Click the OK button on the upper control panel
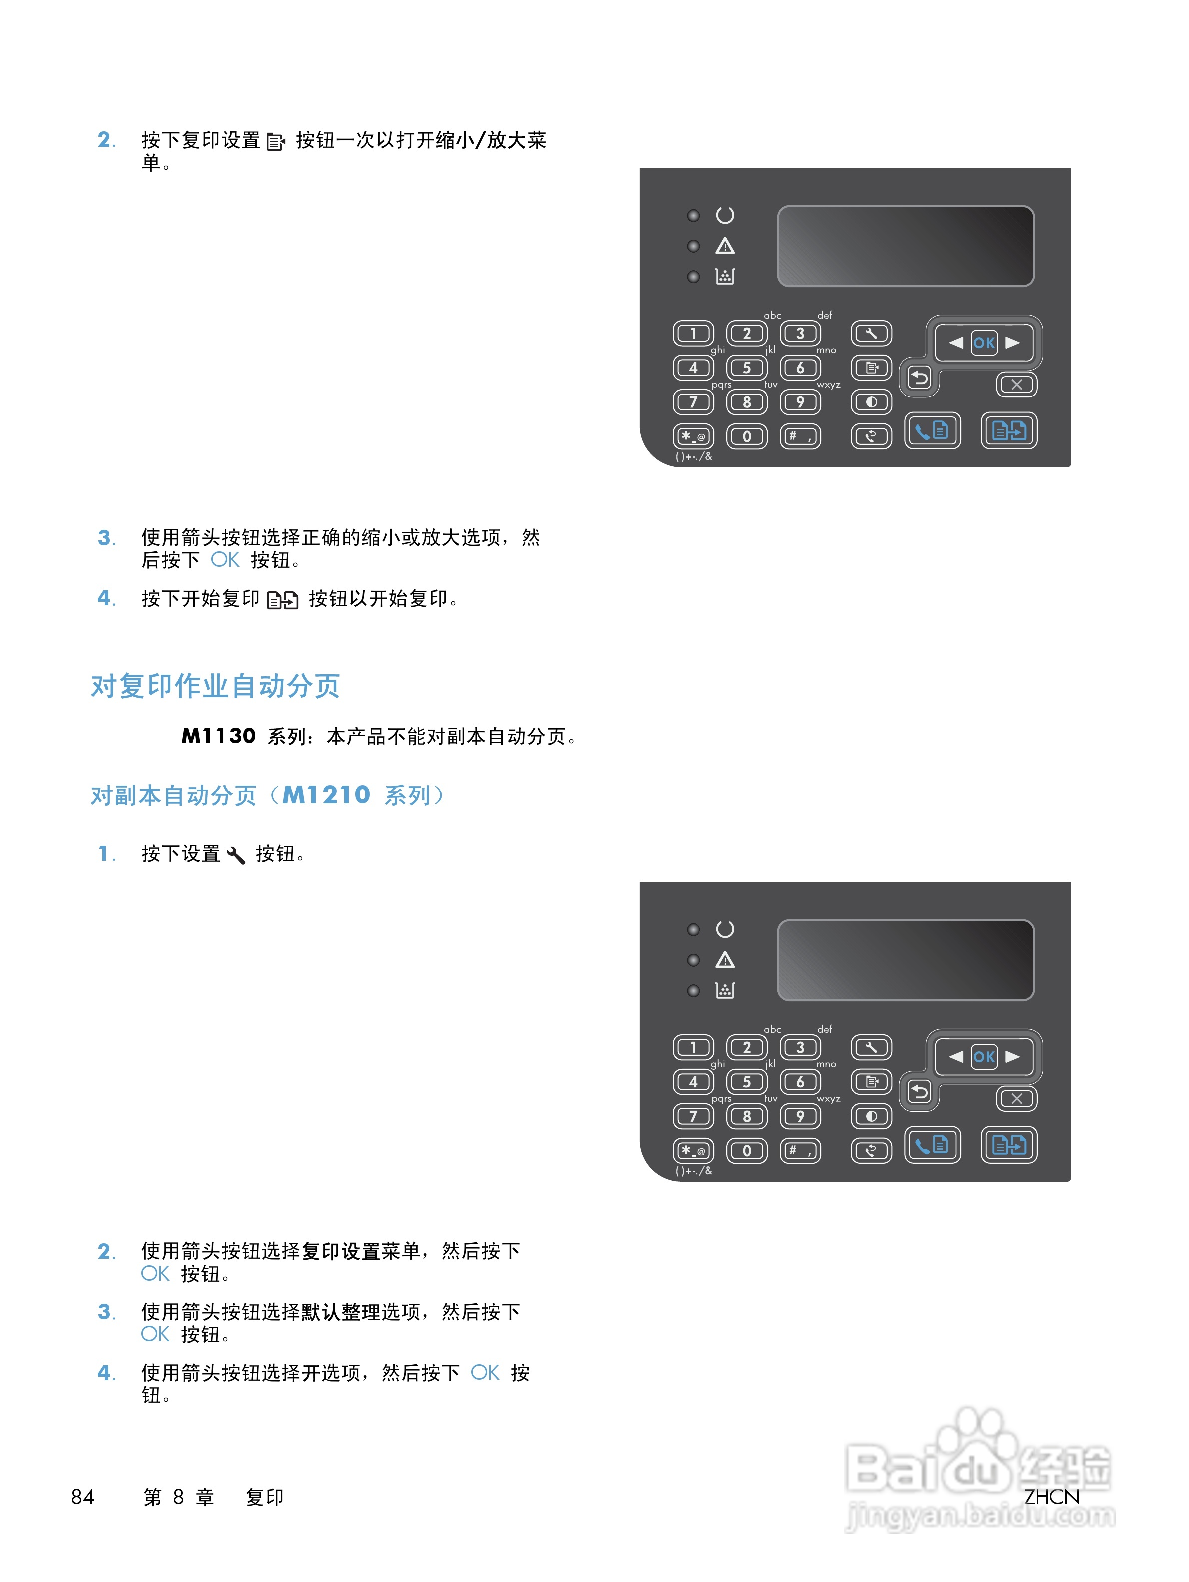(983, 343)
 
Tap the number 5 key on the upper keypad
(746, 368)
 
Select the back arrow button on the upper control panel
(919, 377)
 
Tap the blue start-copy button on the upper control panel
(1008, 430)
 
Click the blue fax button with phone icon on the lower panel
(931, 1145)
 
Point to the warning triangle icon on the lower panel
(725, 960)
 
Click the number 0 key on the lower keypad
(746, 1150)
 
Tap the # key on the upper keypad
(800, 436)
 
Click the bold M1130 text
(218, 736)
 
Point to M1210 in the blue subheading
(326, 794)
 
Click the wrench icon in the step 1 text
(236, 854)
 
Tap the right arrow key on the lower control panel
(1012, 1056)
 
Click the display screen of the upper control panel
(905, 246)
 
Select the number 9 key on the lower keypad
(800, 1116)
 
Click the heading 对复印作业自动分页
(215, 686)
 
